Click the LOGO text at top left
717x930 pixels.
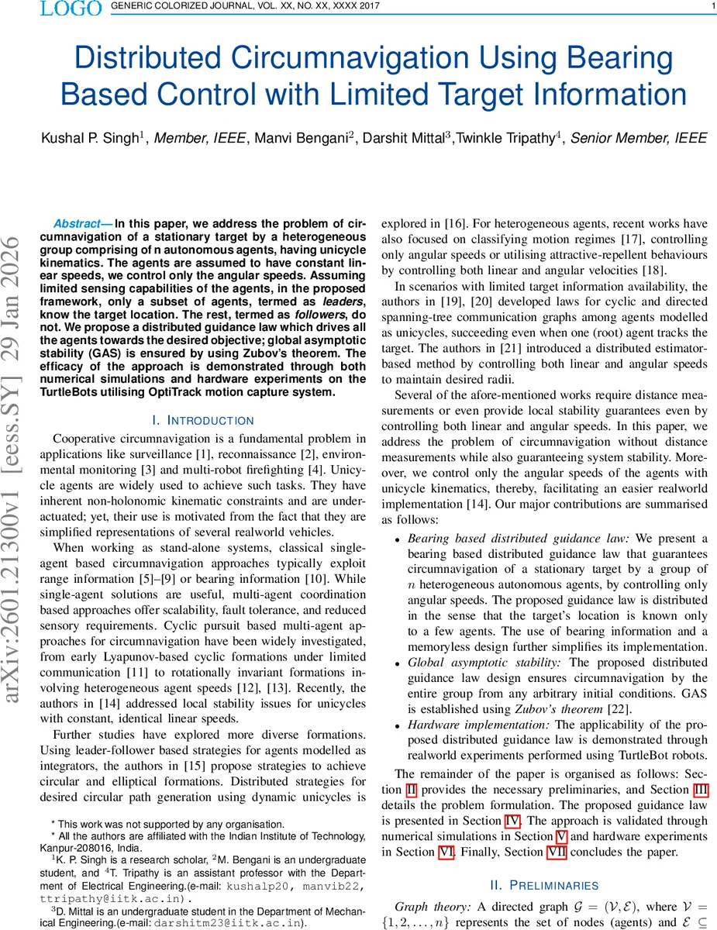pos(70,9)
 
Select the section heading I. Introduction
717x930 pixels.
pos(203,420)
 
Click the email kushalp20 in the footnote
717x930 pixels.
pos(256,886)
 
